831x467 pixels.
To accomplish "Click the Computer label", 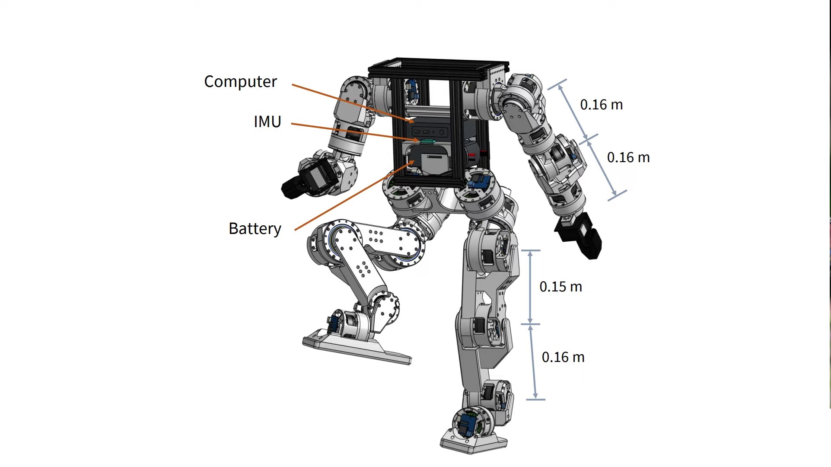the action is pos(240,82).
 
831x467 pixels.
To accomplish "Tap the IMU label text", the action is pos(267,122).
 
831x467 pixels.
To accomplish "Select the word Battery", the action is pos(255,229).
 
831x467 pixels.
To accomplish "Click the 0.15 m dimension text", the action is pos(560,287).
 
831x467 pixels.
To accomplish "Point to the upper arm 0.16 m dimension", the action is pos(601,105).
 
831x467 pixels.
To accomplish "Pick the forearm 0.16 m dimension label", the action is pos(628,157).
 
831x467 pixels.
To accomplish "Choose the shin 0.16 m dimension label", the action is pos(563,357).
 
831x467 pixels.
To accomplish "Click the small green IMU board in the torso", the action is pos(427,141).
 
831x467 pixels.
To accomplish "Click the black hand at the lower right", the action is pos(579,236).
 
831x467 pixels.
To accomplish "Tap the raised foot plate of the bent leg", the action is pos(357,348).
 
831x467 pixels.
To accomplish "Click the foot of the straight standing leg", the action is pos(474,441).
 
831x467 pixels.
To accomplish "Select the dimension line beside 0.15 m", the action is pos(530,287).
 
